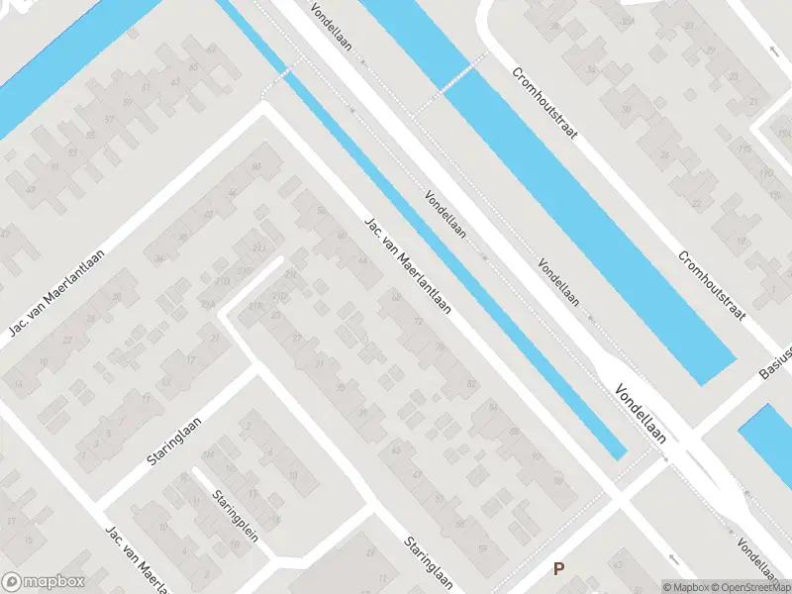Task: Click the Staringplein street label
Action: pos(233,518)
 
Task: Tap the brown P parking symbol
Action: pos(559,569)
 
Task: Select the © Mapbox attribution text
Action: pos(686,587)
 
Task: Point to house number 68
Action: pos(397,297)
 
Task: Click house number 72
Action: pos(418,321)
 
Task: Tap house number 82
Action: pos(471,382)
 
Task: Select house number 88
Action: pos(514,432)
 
